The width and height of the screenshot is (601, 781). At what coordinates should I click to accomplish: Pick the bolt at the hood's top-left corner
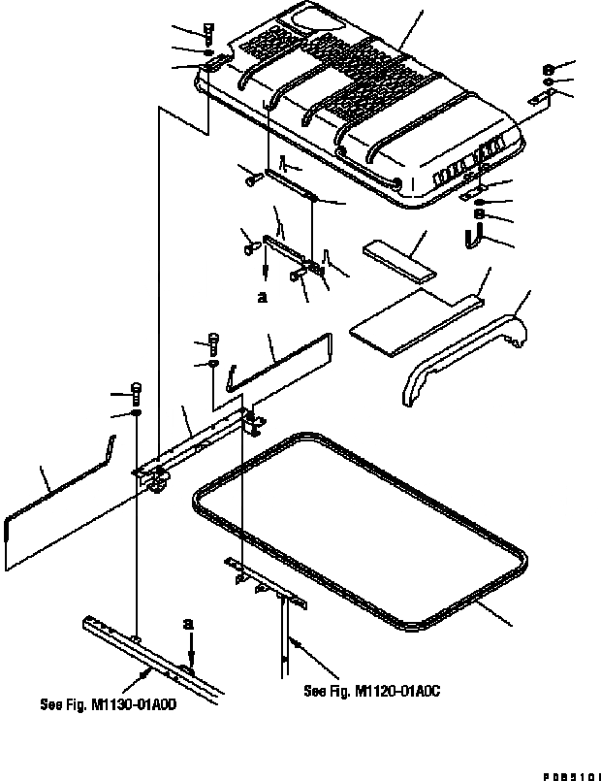pyautogui.click(x=209, y=32)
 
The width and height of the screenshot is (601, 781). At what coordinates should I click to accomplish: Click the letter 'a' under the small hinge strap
pyautogui.click(x=263, y=299)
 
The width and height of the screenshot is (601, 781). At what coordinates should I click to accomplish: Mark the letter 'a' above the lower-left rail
pyautogui.click(x=189, y=622)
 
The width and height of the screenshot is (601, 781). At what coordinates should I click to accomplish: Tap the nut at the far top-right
pyautogui.click(x=548, y=70)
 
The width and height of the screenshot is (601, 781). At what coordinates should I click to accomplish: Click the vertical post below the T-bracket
pyautogui.click(x=285, y=640)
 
